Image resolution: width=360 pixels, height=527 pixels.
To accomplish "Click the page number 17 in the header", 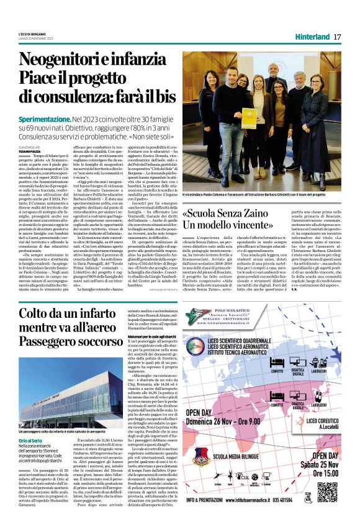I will [x=336, y=37].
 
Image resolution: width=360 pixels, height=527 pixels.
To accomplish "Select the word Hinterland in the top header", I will [x=312, y=37].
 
